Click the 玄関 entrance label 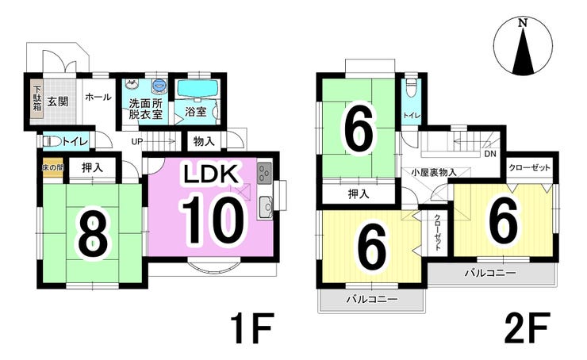click(56, 101)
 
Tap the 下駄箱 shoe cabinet click(36, 98)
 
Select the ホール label click(97, 97)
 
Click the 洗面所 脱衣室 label click(145, 108)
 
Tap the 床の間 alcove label click(52, 168)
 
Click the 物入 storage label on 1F click(203, 142)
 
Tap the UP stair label click(137, 142)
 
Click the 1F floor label click(251, 327)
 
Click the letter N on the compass click(522, 23)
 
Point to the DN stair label click(490, 154)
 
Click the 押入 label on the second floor click(357, 193)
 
